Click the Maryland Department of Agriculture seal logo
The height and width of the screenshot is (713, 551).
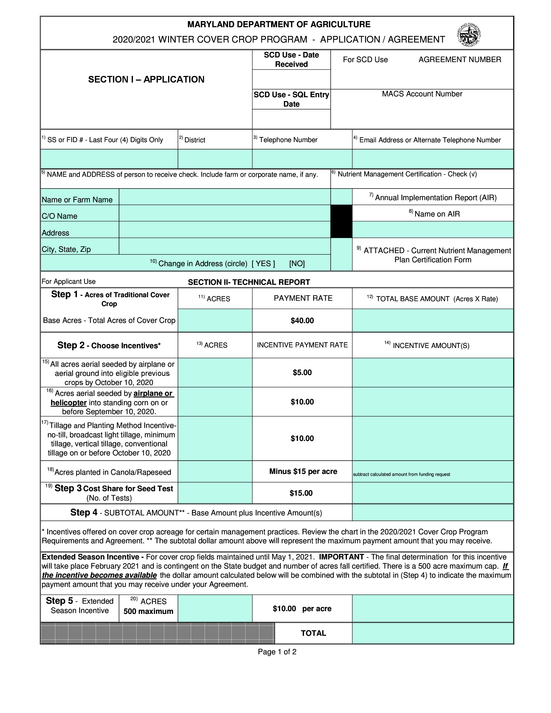(x=469, y=34)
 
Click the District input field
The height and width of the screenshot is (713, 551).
(x=215, y=159)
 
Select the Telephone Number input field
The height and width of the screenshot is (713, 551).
(x=302, y=159)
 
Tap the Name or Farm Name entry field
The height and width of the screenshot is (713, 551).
(x=225, y=197)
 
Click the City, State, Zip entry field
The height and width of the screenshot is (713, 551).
(x=225, y=246)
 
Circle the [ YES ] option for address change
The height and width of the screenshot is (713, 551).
(x=263, y=264)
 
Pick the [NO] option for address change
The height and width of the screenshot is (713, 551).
(x=297, y=264)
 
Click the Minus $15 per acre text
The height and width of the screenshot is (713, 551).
(x=303, y=471)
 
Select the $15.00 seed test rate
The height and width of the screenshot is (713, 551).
(x=301, y=493)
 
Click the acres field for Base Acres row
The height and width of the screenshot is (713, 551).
(x=215, y=320)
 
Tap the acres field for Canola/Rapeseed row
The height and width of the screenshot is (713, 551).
(x=215, y=471)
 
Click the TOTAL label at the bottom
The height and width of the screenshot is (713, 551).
(x=313, y=633)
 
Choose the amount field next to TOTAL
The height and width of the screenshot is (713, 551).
(x=433, y=633)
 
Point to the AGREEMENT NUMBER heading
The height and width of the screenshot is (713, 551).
(x=460, y=59)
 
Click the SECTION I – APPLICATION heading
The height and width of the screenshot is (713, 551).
(x=146, y=79)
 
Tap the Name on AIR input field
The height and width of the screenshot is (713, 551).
(x=433, y=230)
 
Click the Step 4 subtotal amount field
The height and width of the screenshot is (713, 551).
(x=433, y=513)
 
